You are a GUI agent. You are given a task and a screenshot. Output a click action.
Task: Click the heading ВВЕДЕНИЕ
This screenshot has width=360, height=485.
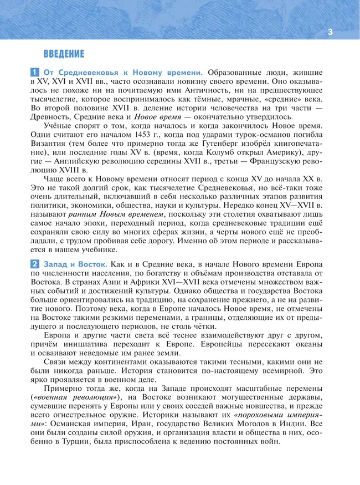64,54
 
